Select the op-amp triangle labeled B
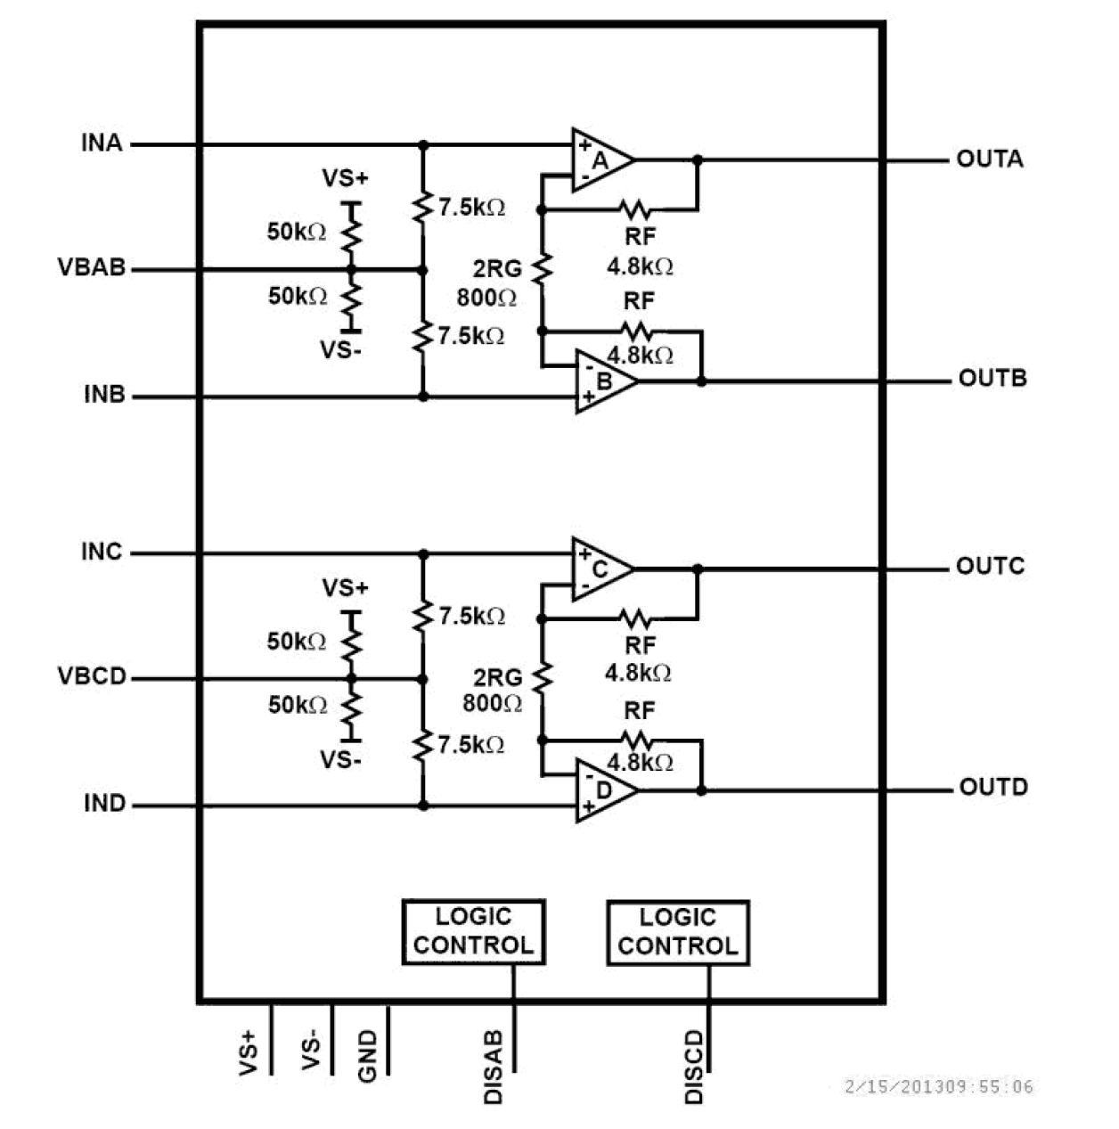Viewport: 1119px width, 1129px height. click(x=602, y=381)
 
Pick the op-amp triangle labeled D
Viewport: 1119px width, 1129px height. click(x=602, y=790)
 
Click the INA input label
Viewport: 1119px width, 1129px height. click(x=102, y=143)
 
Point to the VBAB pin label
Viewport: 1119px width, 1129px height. click(x=91, y=267)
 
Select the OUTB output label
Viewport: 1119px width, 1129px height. click(x=992, y=379)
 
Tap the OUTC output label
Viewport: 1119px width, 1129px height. click(x=990, y=567)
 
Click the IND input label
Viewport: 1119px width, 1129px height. click(x=104, y=804)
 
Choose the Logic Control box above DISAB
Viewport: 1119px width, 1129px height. click(x=473, y=932)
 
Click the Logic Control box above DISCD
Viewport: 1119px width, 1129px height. click(x=677, y=932)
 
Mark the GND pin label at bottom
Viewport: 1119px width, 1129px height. click(x=367, y=1056)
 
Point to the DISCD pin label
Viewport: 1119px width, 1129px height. click(x=694, y=1067)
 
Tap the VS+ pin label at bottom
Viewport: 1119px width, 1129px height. click(x=249, y=1051)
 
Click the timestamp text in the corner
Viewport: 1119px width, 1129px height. click(x=938, y=1087)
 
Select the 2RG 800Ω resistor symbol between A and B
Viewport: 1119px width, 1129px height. click(x=542, y=269)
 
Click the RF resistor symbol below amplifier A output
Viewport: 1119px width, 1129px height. click(x=635, y=210)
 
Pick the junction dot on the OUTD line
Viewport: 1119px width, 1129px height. click(x=701, y=790)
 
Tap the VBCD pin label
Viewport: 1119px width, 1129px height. click(x=92, y=676)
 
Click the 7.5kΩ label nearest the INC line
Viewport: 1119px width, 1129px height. click(x=471, y=617)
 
